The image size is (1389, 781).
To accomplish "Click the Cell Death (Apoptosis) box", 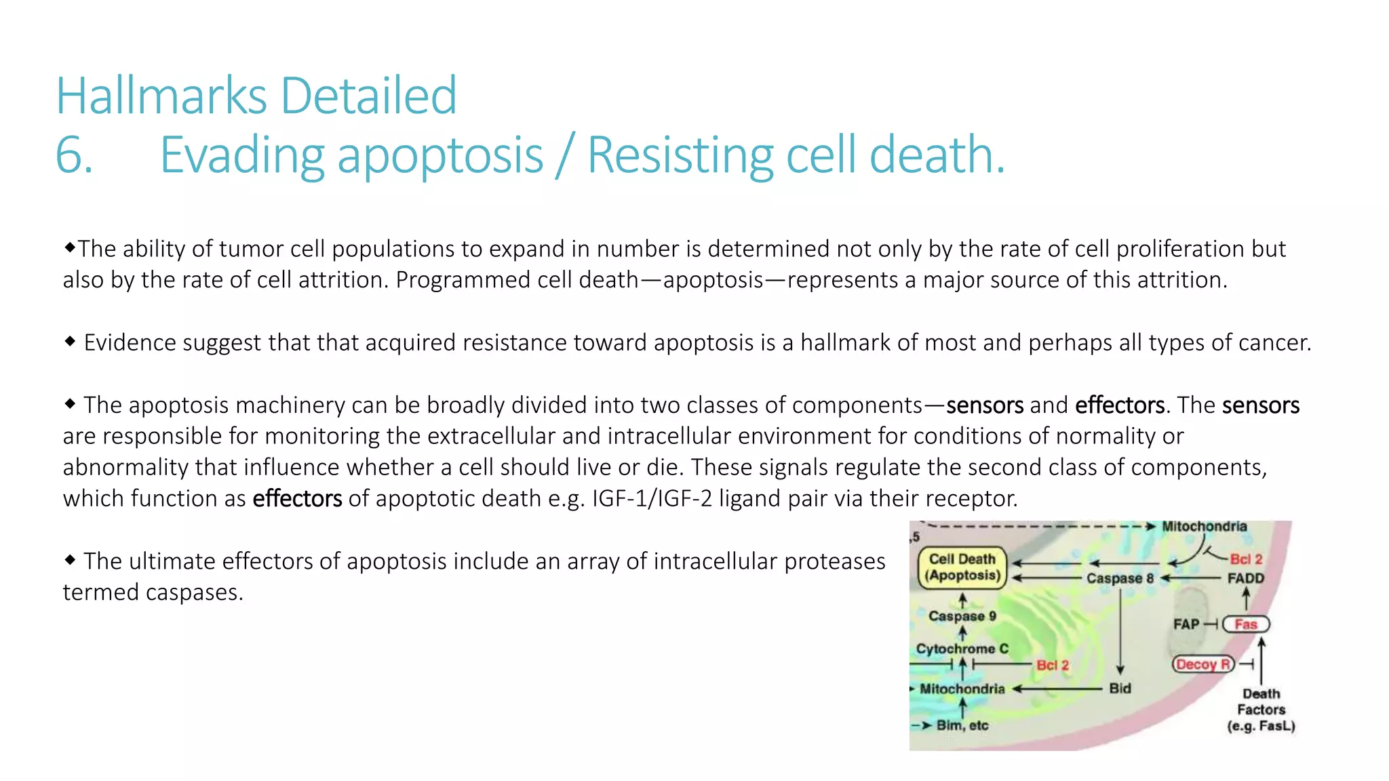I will [x=962, y=567].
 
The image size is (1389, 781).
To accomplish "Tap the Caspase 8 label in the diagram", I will [x=1120, y=578].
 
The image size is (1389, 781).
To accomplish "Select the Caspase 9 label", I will [x=962, y=616].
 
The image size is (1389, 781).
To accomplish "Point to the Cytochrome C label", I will [x=962, y=649].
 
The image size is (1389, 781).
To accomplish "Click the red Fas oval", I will [x=1245, y=624].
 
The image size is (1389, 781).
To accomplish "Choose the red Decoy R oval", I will [x=1202, y=664].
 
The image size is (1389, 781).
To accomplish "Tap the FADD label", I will [x=1245, y=578].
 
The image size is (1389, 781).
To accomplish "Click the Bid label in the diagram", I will [x=1120, y=689].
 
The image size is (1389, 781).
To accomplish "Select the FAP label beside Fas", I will [x=1186, y=624].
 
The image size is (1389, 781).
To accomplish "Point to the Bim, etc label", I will [x=962, y=725].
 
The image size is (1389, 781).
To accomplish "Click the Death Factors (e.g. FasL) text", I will [x=1261, y=710].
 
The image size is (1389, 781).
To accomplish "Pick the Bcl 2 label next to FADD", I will [x=1246, y=559].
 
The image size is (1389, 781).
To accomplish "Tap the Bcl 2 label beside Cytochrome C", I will [x=1052, y=665].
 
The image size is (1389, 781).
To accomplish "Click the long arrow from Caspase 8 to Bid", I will [x=1120, y=630].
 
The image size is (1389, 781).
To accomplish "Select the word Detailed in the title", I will [x=368, y=96].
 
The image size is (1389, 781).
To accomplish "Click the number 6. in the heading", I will [x=73, y=155].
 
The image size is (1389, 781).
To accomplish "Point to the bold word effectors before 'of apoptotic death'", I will [x=297, y=499].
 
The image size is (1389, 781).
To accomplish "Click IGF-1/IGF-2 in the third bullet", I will [x=652, y=499].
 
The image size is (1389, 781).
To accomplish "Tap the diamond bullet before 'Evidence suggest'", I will [x=70, y=341].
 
